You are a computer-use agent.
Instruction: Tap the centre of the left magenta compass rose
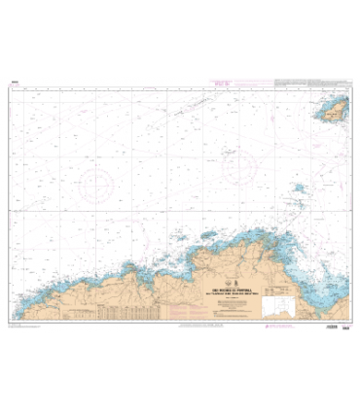pos(98,184)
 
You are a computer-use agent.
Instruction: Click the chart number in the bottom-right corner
pos(346,327)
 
